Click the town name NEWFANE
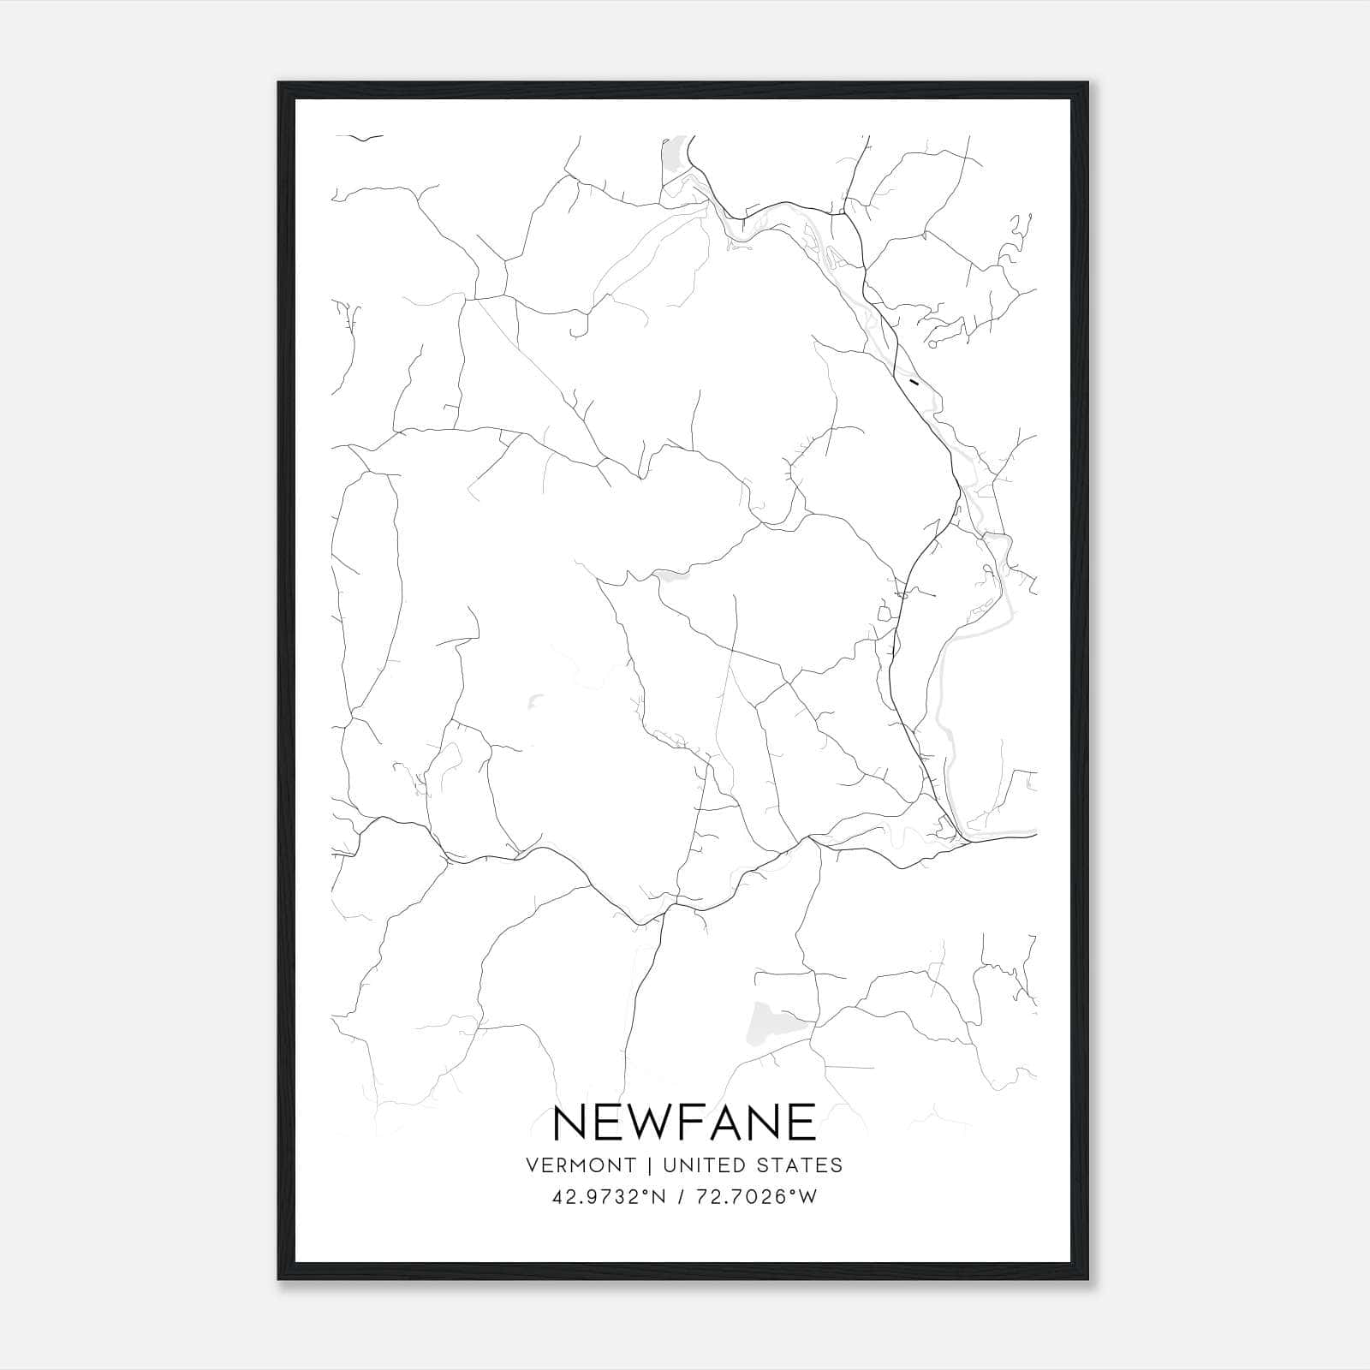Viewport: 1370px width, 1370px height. pyautogui.click(x=684, y=1122)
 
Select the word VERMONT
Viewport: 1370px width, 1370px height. pyautogui.click(x=581, y=1165)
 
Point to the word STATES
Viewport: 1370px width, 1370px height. pyautogui.click(x=807, y=1165)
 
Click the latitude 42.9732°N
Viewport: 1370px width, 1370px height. pyautogui.click(x=609, y=1198)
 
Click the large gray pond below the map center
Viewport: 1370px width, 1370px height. pyautogui.click(x=773, y=1022)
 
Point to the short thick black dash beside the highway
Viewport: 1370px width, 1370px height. pyautogui.click(x=915, y=382)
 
